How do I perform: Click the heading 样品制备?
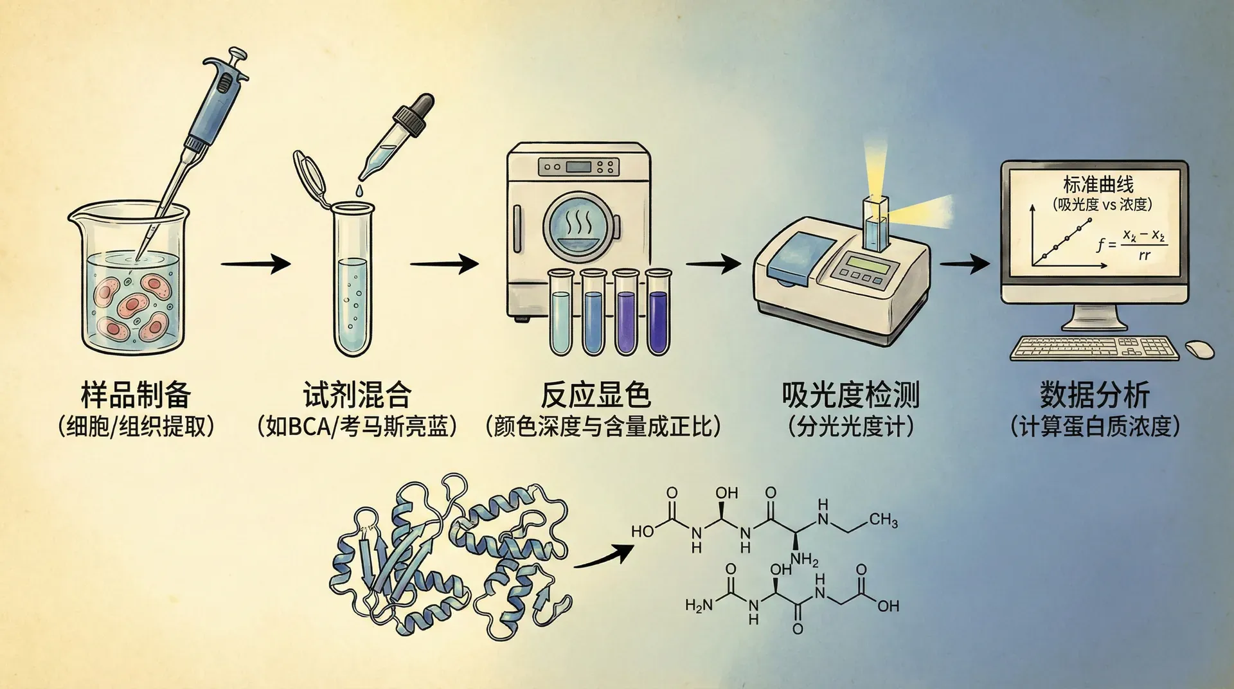136,395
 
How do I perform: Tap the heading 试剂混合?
357,395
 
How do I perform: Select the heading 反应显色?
595,395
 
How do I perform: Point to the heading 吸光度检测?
850,395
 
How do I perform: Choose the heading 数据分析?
1095,395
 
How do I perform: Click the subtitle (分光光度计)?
850,427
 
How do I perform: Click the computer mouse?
1199,348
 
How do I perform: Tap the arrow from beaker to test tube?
255,264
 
